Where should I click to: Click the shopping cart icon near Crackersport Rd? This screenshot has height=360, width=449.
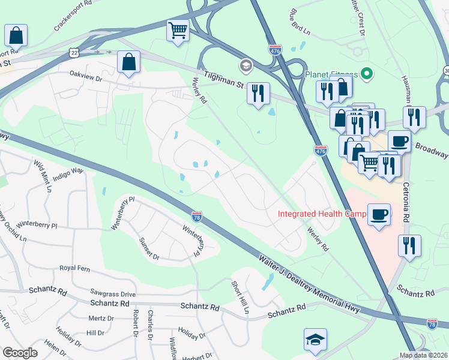click(178, 31)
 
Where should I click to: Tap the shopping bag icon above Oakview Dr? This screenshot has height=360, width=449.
click(129, 62)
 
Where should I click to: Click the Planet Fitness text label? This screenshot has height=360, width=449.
click(331, 74)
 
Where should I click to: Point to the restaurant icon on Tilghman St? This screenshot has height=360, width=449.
click(258, 93)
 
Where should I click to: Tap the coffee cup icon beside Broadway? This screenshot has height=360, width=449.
click(399, 142)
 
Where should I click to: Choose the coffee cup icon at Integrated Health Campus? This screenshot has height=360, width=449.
click(379, 215)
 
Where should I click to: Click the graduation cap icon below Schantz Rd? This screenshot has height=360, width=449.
click(315, 340)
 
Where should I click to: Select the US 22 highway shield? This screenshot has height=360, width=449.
click(73, 53)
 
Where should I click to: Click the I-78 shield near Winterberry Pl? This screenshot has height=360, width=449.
click(197, 216)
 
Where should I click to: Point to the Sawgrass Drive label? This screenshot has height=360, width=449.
click(113, 294)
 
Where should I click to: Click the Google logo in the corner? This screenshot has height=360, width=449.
click(20, 353)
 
